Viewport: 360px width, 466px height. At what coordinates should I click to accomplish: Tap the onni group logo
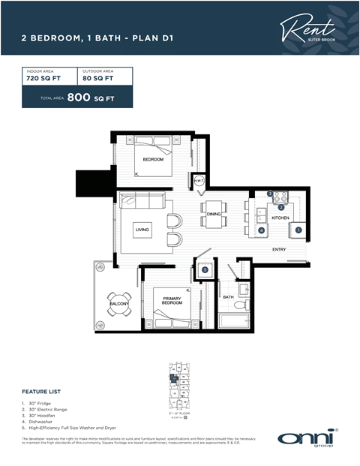[307, 438]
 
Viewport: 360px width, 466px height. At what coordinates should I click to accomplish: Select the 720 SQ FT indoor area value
[43, 77]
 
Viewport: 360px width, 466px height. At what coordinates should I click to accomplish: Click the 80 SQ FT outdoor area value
[98, 77]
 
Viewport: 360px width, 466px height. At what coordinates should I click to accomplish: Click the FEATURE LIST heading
[40, 392]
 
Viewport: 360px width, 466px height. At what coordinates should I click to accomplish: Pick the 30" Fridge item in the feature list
[40, 403]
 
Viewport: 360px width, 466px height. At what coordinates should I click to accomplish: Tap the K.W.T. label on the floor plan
[199, 181]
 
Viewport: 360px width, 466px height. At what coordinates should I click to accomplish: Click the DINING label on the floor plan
[213, 215]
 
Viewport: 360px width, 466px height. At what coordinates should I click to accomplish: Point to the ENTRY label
[279, 249]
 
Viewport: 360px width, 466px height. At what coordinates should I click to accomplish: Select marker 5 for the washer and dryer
[205, 269]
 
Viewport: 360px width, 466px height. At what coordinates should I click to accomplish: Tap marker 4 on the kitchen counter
[261, 230]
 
